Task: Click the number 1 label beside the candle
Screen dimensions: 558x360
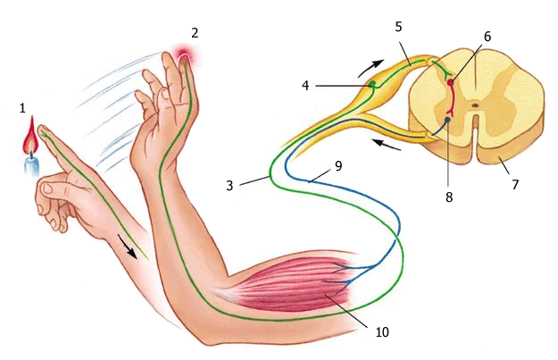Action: (23, 108)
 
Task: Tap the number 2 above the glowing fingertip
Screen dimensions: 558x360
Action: (195, 33)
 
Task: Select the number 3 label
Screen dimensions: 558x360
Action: (229, 186)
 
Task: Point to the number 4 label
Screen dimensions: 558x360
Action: (305, 86)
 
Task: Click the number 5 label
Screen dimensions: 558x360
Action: (398, 27)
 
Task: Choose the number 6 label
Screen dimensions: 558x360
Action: (487, 37)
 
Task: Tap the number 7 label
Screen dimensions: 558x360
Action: (515, 184)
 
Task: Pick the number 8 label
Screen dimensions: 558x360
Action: (449, 197)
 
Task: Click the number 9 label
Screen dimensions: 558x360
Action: (338, 166)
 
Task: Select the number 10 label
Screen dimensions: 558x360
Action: (382, 332)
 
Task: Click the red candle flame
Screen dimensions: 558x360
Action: (31, 135)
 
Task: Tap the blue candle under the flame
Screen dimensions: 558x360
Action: (31, 166)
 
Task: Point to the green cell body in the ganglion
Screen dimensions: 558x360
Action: (372, 84)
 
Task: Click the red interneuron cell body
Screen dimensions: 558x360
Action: (451, 82)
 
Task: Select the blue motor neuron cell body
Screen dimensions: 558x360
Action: (448, 120)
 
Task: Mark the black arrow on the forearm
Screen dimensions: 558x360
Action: (128, 247)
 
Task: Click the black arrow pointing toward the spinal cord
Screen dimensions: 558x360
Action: (371, 67)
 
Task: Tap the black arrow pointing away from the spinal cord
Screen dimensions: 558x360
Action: (386, 144)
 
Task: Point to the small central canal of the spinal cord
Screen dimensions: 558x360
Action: (475, 105)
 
